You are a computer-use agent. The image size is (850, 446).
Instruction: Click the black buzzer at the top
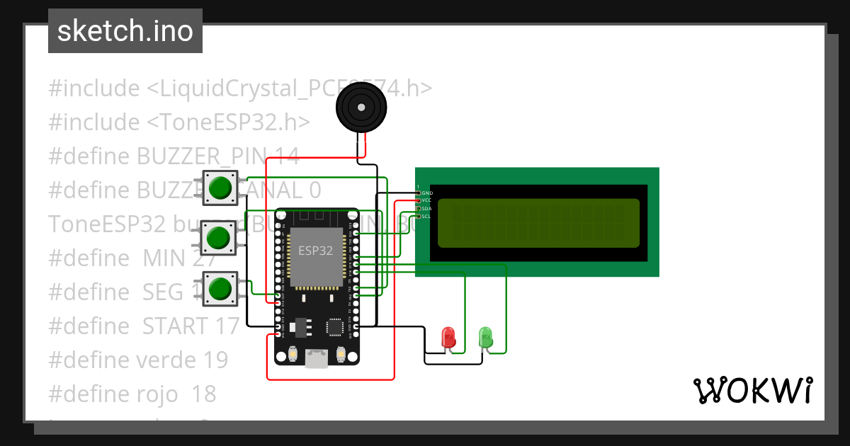pos(362,108)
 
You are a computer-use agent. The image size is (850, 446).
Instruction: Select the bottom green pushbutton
pos(220,290)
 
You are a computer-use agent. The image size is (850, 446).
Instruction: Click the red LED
pos(448,336)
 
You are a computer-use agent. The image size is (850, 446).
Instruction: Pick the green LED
pos(486,336)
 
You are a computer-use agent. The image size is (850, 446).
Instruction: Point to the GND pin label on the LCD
pos(427,193)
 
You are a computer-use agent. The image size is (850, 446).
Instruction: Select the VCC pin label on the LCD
pos(426,200)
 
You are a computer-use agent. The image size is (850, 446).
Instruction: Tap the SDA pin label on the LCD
pos(426,208)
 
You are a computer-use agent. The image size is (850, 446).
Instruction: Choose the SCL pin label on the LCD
pos(426,216)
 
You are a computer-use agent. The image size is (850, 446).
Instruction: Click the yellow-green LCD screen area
pos(538,223)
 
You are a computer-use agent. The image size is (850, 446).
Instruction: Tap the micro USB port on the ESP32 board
pos(316,360)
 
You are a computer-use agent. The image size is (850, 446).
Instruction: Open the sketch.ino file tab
pos(125,31)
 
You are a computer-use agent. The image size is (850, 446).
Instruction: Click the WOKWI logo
pos(752,390)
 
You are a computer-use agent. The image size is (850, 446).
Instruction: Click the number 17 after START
pos(227,326)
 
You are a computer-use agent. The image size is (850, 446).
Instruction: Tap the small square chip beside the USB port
pos(334,327)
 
